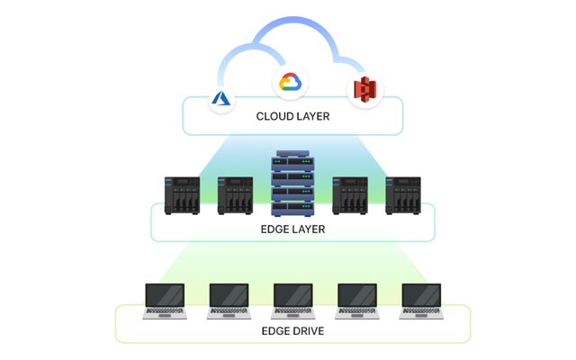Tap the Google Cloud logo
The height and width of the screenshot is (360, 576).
coord(291,82)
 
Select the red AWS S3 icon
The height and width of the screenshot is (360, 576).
coord(364,89)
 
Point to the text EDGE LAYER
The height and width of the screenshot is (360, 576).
coord(292,229)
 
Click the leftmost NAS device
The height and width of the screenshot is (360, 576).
coord(181,195)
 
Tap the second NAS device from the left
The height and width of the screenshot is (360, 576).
coord(235,195)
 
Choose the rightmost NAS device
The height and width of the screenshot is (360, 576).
coord(402,195)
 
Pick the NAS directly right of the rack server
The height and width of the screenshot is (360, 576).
coord(350,195)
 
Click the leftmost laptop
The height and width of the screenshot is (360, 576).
coord(165,301)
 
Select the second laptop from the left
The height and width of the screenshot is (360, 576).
coord(229,301)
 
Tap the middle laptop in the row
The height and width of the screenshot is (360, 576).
coord(292,301)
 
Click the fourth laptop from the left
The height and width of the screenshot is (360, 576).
coord(356,301)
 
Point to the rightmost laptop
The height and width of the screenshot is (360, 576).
coord(420,301)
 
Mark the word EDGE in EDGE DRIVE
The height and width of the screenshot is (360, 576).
coord(274,330)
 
